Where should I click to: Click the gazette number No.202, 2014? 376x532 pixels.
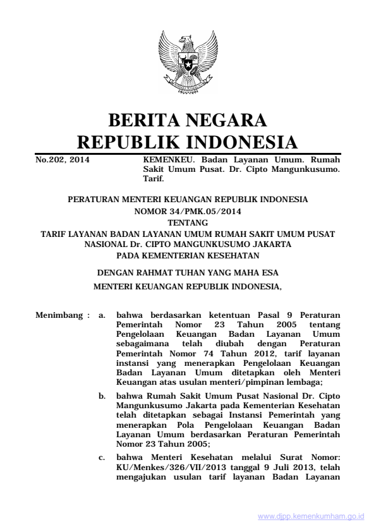click(x=61, y=160)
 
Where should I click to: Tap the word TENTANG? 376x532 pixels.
click(x=188, y=222)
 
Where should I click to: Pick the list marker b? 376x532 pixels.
click(x=102, y=393)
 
